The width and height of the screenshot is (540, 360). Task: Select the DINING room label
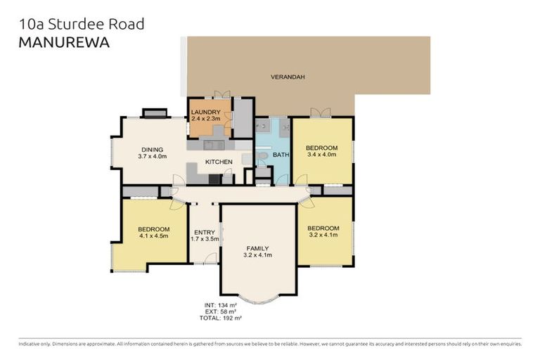click(153, 150)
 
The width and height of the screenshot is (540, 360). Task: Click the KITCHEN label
click(218, 162)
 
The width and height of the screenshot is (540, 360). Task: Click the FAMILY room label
click(257, 248)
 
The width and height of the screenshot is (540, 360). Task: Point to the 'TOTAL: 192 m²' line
click(220, 319)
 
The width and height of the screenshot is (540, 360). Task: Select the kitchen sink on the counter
click(214, 146)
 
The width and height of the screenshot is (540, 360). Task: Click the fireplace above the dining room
click(154, 112)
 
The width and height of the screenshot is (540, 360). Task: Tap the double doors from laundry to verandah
click(221, 94)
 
